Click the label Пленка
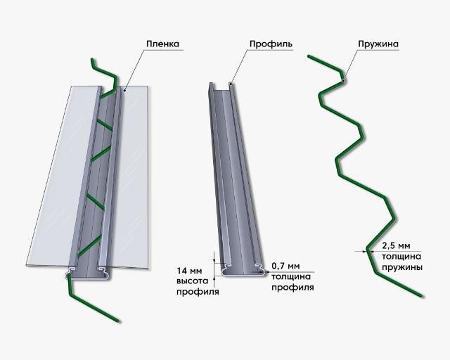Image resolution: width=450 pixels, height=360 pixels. coord(162,44)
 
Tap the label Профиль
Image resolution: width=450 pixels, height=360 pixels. coord(271,44)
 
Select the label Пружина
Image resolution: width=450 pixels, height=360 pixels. coord(378,44)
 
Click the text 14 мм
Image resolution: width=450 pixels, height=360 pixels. coord(189,271)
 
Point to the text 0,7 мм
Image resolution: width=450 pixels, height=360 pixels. coord(285,266)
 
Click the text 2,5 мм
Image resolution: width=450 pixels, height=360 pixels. coord(396,246)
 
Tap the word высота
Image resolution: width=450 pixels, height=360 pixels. coord(192,281)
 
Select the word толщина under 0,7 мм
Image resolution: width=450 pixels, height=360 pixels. coord(291,277)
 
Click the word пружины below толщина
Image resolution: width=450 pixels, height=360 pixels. coord(401,267)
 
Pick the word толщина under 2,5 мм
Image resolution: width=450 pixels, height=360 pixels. coord(401,257)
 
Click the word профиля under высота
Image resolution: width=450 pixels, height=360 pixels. coord(198,292)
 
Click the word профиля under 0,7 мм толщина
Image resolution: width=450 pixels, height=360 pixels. coord(292,288)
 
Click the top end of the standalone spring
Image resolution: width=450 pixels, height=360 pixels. coord(309,56)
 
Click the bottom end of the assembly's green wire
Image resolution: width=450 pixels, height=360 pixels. coord(117,321)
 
